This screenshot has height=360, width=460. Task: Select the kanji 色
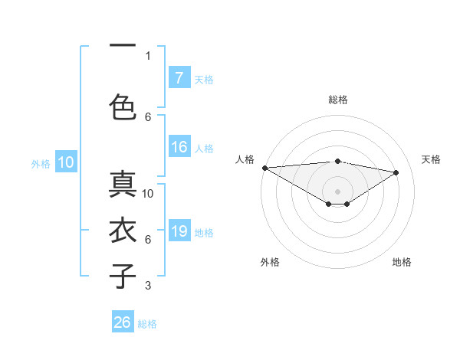(123, 106)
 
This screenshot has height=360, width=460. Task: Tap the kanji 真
(123, 185)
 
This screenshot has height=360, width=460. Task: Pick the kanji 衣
(123, 231)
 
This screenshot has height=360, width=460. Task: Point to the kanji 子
(123, 276)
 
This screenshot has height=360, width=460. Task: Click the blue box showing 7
(179, 78)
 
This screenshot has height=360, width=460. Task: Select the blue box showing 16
(179, 147)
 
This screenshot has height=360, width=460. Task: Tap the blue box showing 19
(179, 231)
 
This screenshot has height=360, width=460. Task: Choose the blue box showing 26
(123, 322)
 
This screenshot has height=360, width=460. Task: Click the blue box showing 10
(66, 162)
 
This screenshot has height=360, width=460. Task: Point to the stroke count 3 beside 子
(147, 286)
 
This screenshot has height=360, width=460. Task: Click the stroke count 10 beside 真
(148, 194)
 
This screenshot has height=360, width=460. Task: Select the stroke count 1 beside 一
(147, 55)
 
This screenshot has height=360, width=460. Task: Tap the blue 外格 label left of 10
(41, 163)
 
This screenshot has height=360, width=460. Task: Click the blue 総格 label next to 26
(147, 323)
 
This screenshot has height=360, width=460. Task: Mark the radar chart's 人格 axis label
(245, 159)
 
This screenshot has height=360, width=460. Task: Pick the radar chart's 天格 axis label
(432, 159)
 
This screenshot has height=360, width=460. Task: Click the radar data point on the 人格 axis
(264, 168)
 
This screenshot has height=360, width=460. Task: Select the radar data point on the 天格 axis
(396, 172)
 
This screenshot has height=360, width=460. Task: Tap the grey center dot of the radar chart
(337, 191)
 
